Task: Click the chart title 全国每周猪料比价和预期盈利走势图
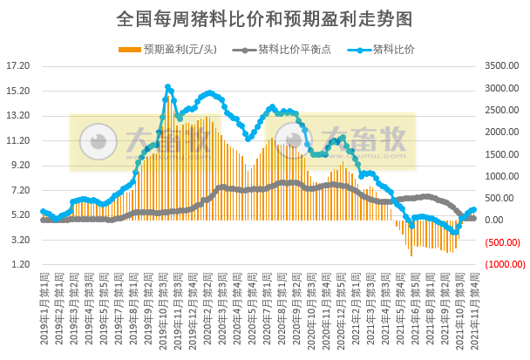pos(264,17)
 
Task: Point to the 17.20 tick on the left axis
pos(18,65)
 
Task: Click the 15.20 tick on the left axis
pos(18,91)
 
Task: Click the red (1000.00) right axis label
pos(504,264)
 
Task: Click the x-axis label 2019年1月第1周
pos(44,301)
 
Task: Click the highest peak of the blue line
pos(167,87)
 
